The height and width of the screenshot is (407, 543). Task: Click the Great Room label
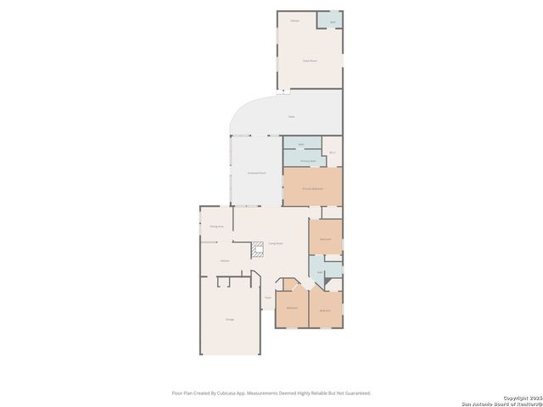click(x=310, y=61)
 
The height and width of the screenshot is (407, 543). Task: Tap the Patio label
click(x=291, y=116)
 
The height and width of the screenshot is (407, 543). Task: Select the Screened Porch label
click(x=256, y=173)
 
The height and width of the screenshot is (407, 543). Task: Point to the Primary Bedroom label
click(x=312, y=188)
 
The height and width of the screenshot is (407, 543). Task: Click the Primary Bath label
click(x=308, y=160)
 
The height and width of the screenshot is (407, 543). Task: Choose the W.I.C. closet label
click(x=333, y=153)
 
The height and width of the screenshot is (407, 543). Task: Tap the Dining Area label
click(x=216, y=226)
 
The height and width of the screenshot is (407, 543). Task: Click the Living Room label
click(x=277, y=244)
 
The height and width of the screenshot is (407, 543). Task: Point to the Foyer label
click(x=267, y=298)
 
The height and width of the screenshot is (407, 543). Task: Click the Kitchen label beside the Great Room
click(x=295, y=20)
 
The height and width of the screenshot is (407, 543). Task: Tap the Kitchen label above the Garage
click(x=225, y=260)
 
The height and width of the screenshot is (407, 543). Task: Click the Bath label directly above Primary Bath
click(x=300, y=144)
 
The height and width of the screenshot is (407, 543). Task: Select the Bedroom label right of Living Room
click(x=325, y=240)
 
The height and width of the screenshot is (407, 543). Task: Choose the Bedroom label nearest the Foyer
click(x=292, y=307)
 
